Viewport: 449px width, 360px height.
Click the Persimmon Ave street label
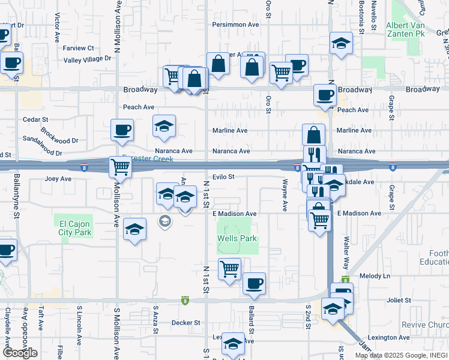(x=235, y=25)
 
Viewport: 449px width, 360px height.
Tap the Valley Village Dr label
(x=88, y=59)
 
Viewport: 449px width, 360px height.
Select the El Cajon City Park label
(x=75, y=228)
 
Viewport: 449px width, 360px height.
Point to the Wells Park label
(x=237, y=238)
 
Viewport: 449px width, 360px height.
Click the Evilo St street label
(x=222, y=177)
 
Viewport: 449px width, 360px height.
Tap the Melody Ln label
(x=375, y=276)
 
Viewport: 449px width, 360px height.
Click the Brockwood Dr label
(x=59, y=136)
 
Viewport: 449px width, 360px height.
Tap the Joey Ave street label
(x=58, y=179)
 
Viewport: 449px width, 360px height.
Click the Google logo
(x=20, y=353)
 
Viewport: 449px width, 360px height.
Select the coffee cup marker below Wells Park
(x=254, y=283)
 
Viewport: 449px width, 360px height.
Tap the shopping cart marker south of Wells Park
(x=229, y=269)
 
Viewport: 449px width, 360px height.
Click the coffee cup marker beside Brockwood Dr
(x=122, y=130)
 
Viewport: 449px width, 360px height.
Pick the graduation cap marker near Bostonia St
(x=341, y=44)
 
